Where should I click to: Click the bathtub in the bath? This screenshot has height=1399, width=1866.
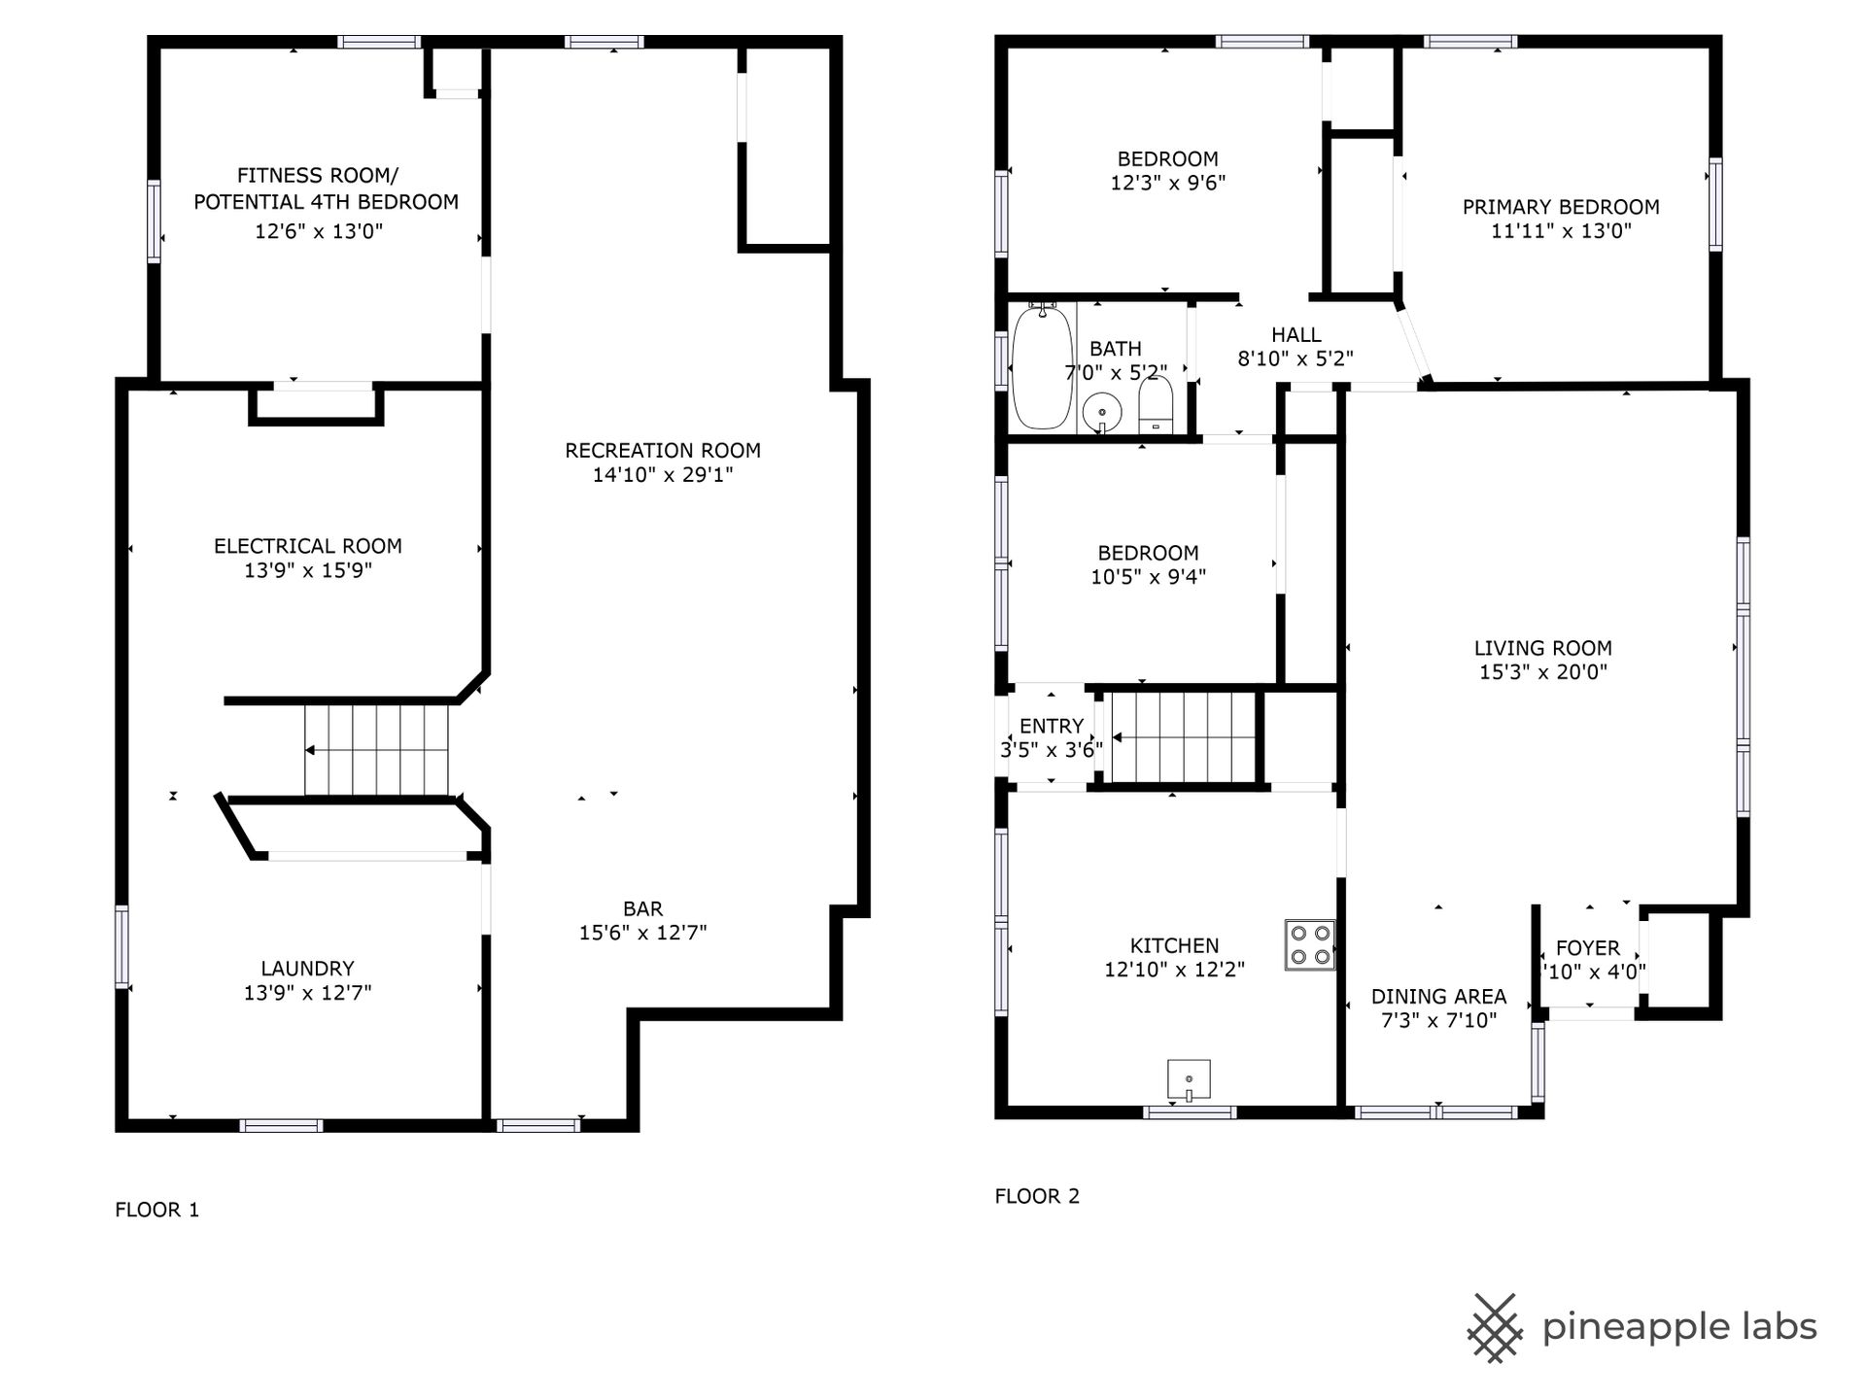[1042, 367]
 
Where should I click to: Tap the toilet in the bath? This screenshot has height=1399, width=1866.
[1156, 404]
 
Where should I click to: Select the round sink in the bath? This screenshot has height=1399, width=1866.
[1102, 412]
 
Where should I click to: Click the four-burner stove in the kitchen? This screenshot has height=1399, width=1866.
[1309, 944]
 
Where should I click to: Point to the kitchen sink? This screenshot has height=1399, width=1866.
[1189, 1080]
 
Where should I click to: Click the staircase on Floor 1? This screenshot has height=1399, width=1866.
[377, 750]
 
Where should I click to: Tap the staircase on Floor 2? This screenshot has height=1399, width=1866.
[1184, 737]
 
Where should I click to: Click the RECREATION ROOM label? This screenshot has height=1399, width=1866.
[663, 451]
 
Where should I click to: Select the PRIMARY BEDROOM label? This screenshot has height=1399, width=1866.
[1561, 207]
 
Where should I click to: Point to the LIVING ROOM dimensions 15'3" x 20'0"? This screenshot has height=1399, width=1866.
[1543, 672]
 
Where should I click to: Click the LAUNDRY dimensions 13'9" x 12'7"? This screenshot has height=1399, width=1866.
[307, 993]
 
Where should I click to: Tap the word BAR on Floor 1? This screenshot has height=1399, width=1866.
[643, 908]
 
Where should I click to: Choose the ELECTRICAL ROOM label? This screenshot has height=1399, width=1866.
[308, 546]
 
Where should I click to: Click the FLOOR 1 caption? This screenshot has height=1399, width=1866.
[157, 1210]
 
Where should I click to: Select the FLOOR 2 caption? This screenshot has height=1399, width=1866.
[1037, 1196]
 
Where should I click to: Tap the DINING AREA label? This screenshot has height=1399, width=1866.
[1438, 997]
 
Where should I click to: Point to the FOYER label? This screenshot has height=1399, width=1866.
[1588, 948]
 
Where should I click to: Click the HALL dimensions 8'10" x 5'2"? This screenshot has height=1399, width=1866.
[1296, 358]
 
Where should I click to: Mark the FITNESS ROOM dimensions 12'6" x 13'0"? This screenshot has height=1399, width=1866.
[319, 231]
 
